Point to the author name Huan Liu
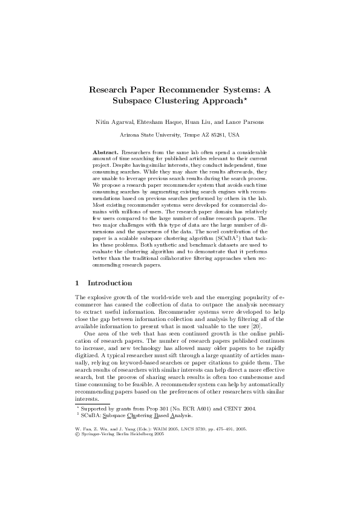197,122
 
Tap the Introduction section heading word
110,283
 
